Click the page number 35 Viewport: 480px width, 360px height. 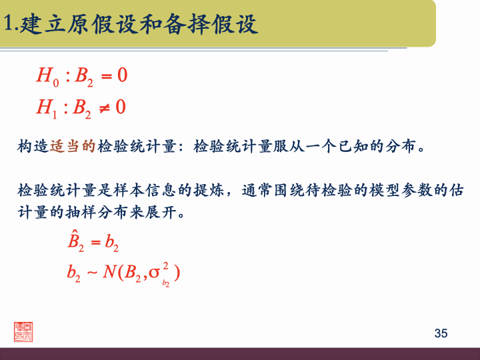(x=441, y=333)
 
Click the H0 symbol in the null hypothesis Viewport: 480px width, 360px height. (x=47, y=77)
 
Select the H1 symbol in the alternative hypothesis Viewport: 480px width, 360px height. (x=47, y=107)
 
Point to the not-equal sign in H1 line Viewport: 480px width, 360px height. (x=105, y=107)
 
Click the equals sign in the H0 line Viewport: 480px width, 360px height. (x=105, y=76)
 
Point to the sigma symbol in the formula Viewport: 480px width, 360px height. (x=154, y=273)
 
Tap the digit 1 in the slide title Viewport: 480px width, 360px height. (x=8, y=25)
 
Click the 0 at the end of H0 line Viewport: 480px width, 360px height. (x=122, y=75)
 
